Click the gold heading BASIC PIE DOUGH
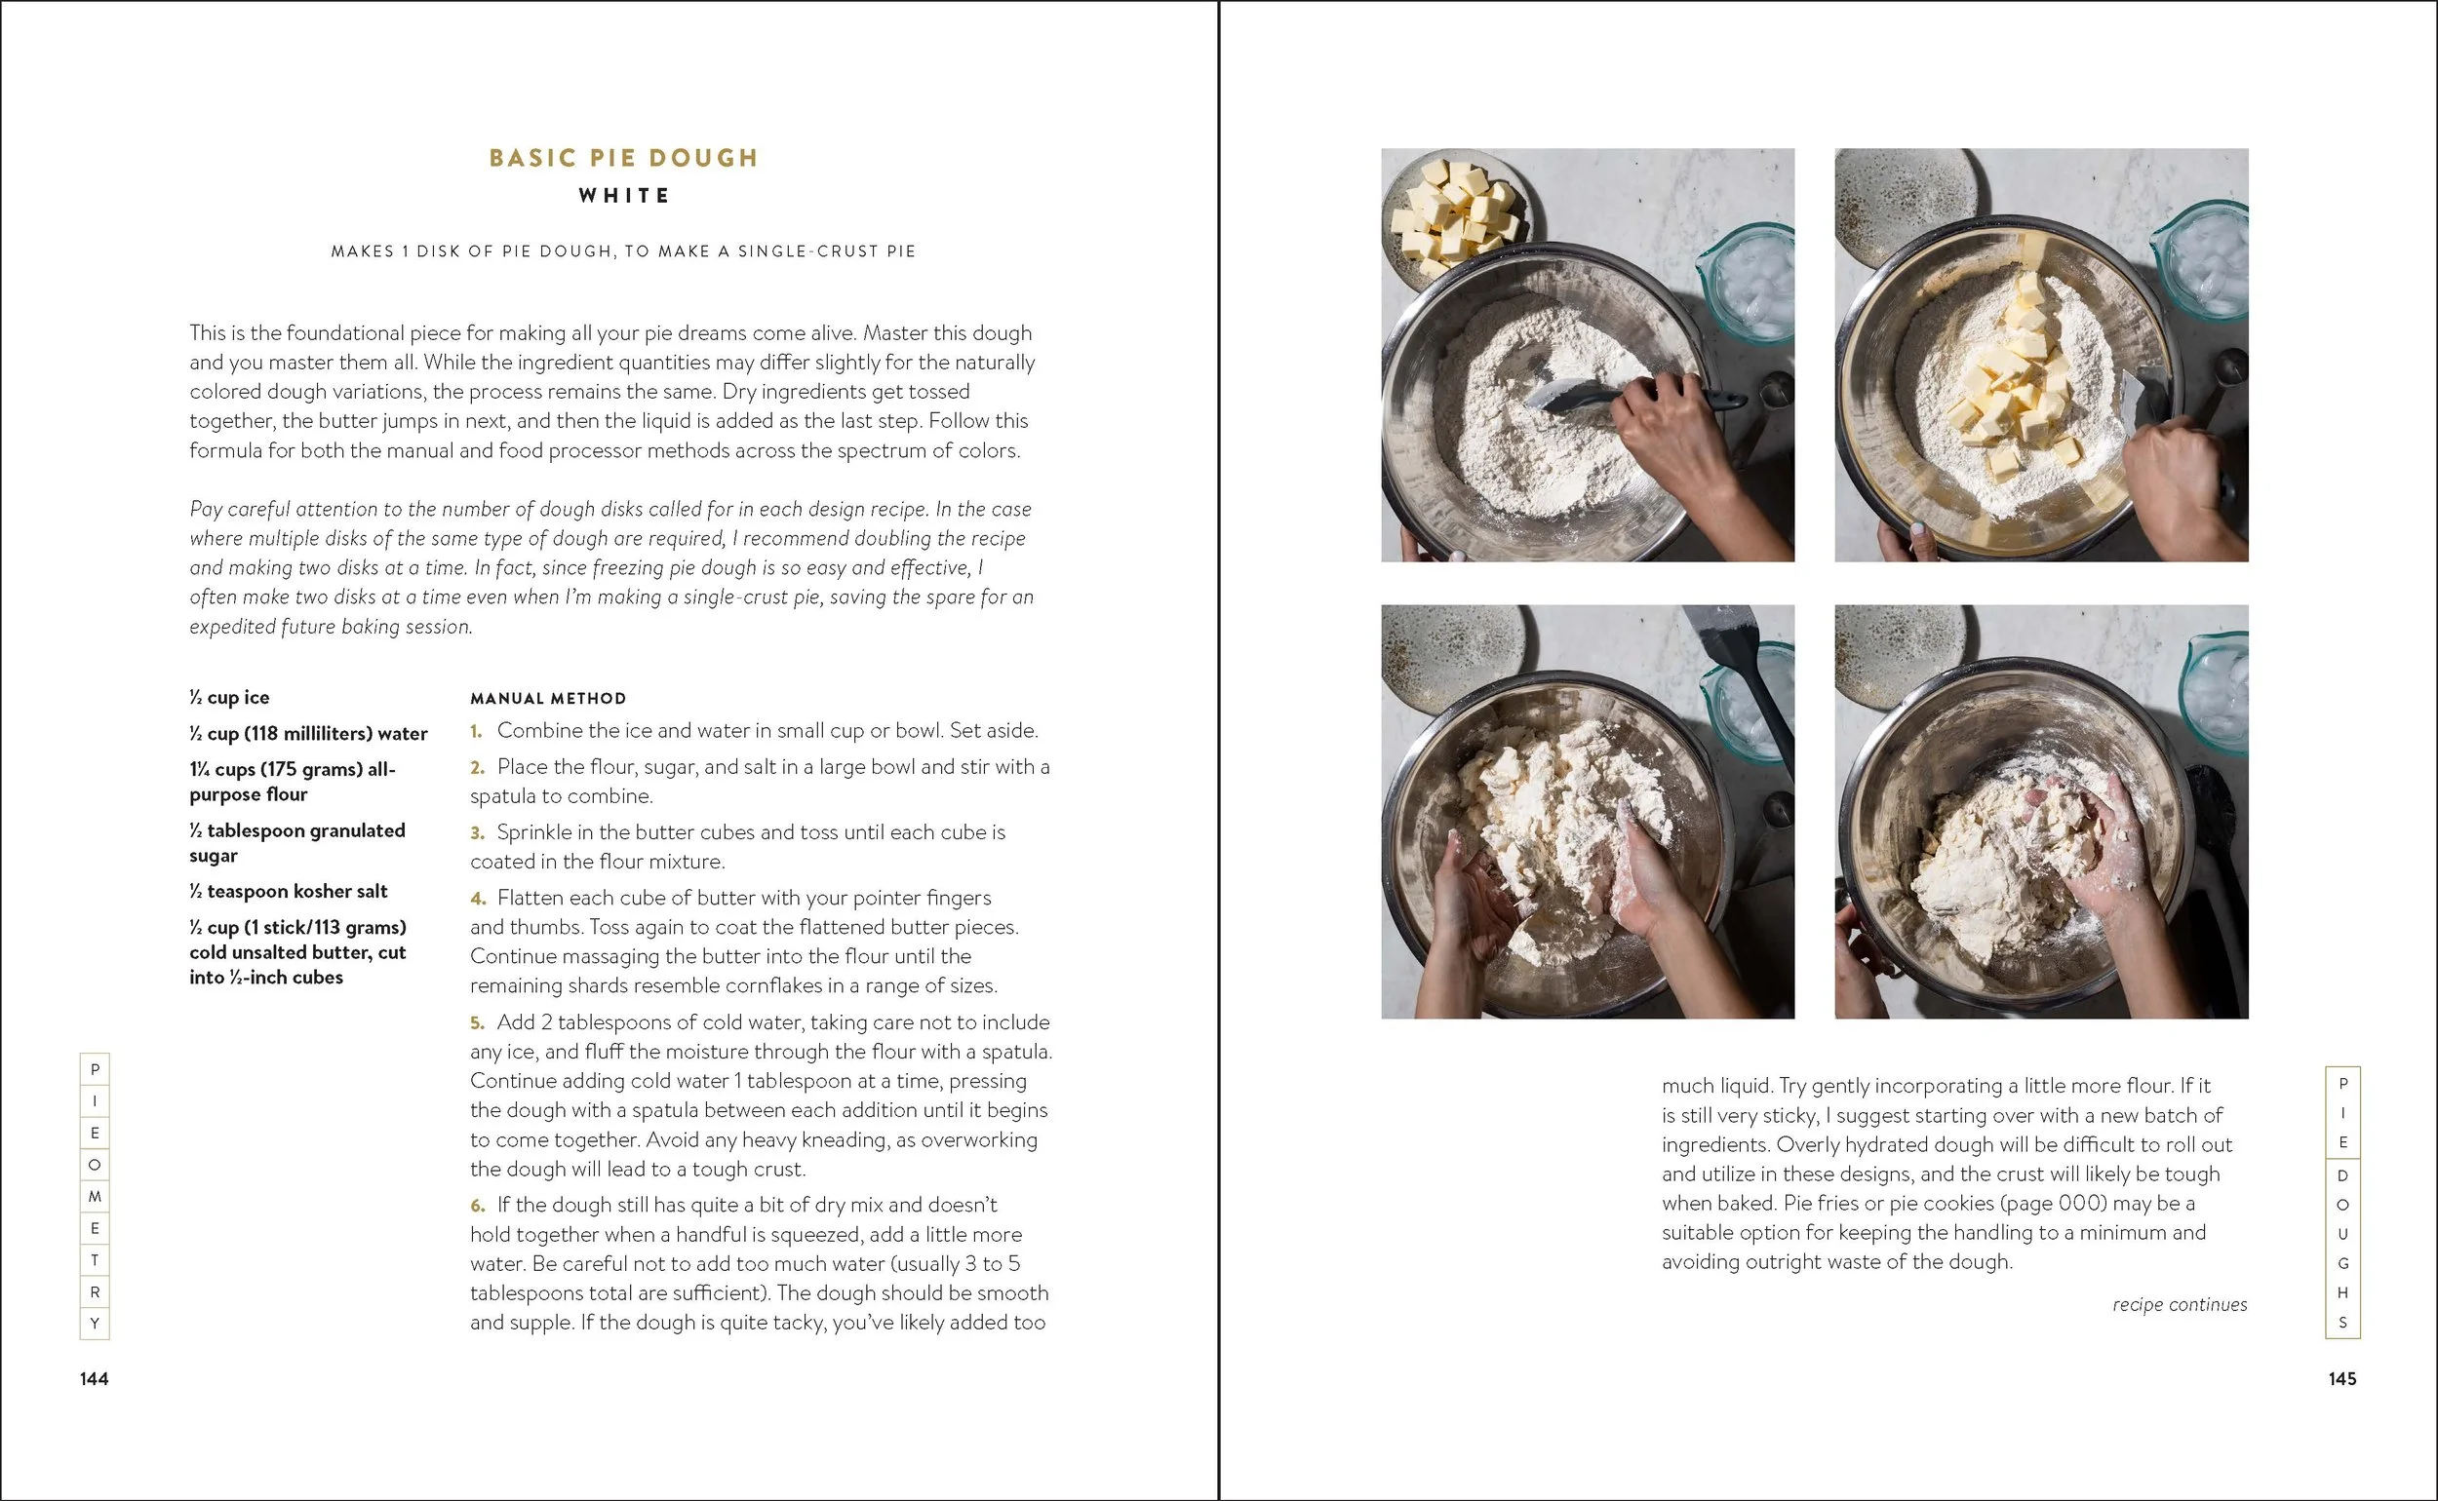pyautogui.click(x=624, y=158)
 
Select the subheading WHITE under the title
pyautogui.click(x=625, y=196)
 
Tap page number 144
pyautogui.click(x=95, y=1378)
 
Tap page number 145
pyautogui.click(x=2341, y=1378)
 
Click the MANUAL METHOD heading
pyautogui.click(x=548, y=698)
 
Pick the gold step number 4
pyautogui.click(x=478, y=899)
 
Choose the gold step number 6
pyautogui.click(x=478, y=1205)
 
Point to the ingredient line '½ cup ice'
pyautogui.click(x=229, y=697)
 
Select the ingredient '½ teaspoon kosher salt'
pyautogui.click(x=288, y=891)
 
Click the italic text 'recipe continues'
pyautogui.click(x=2180, y=1304)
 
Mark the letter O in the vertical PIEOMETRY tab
pyautogui.click(x=95, y=1165)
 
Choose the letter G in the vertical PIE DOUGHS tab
pyautogui.click(x=2342, y=1264)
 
